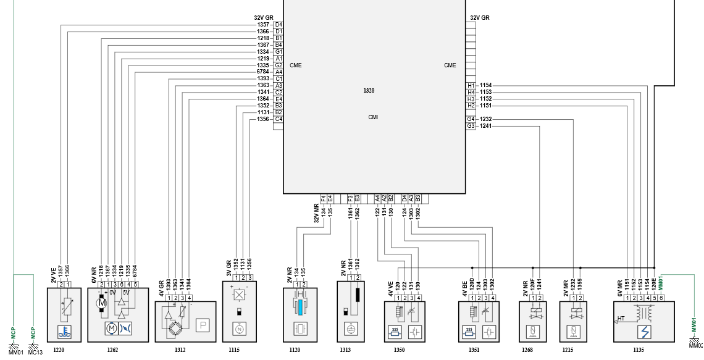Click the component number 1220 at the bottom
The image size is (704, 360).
(x=59, y=350)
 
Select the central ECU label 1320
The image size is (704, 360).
(x=369, y=91)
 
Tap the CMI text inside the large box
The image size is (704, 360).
(x=373, y=117)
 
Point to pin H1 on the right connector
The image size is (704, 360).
(x=471, y=85)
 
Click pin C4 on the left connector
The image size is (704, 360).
(x=279, y=119)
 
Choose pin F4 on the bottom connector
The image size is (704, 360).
(x=323, y=199)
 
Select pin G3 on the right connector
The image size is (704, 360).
(x=471, y=126)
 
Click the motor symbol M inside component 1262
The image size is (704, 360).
(x=103, y=303)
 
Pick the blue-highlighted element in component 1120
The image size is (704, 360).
(x=300, y=308)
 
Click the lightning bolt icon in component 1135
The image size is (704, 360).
(x=645, y=332)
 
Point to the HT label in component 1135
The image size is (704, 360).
(x=621, y=319)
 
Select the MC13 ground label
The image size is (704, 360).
(x=35, y=353)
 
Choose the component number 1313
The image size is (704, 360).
(x=345, y=350)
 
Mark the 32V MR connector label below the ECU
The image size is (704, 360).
(x=316, y=213)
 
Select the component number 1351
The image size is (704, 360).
(x=474, y=350)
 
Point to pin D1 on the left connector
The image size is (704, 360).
(x=279, y=31)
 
